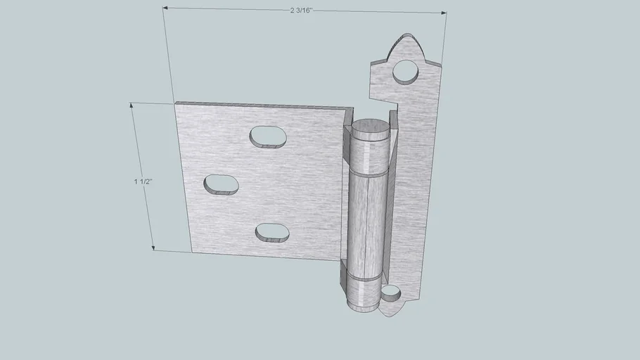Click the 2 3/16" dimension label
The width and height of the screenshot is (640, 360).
[301, 11]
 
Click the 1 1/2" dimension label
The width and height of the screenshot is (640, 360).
[143, 181]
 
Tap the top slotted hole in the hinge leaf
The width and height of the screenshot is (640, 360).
[268, 137]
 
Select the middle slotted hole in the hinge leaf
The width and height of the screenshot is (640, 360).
[222, 185]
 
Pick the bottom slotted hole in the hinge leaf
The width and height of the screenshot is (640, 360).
[272, 233]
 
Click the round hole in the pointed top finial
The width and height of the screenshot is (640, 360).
[406, 72]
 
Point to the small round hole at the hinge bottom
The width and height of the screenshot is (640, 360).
[391, 293]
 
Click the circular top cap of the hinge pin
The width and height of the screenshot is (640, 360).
[371, 128]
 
